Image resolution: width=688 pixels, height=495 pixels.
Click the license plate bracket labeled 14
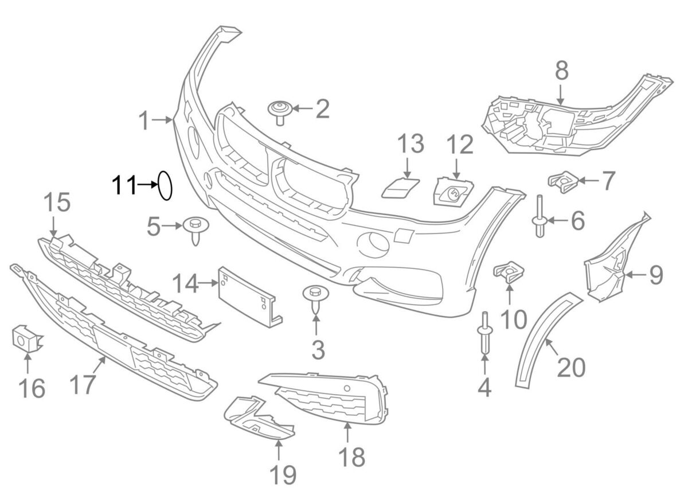(x=247, y=295)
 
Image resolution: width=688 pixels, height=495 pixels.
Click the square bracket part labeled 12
(x=454, y=192)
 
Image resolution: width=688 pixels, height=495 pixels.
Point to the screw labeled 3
(x=314, y=298)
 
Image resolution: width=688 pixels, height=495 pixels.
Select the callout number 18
(x=351, y=457)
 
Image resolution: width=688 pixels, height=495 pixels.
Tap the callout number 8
(x=561, y=71)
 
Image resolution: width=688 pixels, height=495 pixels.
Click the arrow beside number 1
(x=165, y=120)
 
